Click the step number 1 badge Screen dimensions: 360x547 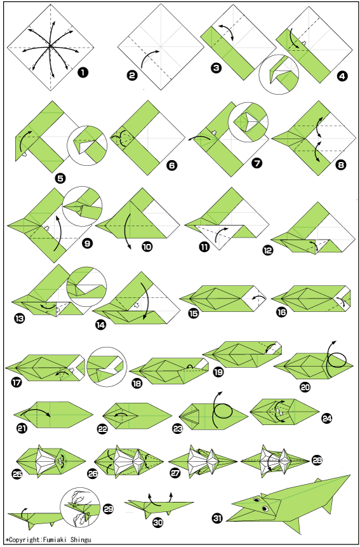[83, 72]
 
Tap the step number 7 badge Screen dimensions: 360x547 [257, 163]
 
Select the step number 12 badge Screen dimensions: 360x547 [269, 250]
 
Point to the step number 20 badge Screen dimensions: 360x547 [305, 386]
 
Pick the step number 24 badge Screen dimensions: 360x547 [326, 418]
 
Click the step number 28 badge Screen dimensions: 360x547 [317, 461]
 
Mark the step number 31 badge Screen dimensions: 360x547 [217, 519]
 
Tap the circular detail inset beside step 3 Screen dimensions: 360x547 [279, 74]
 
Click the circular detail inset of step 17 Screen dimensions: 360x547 [107, 367]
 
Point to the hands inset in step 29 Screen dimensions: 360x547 [81, 509]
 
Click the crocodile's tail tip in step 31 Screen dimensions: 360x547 [350, 475]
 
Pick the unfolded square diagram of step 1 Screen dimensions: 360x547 [51, 47]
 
